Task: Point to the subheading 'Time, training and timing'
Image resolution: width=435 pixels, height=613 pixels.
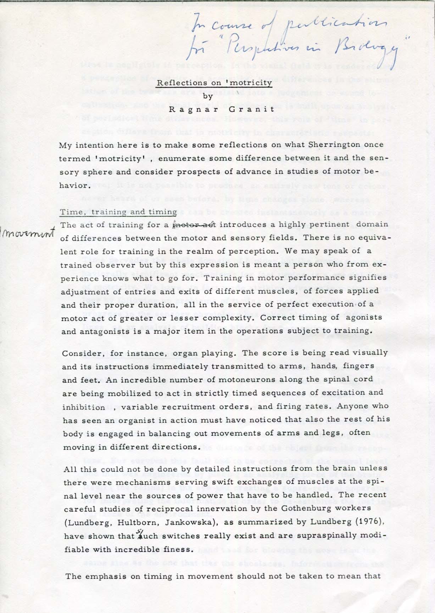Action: (118, 212)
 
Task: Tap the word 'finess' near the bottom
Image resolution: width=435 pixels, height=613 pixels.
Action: (183, 549)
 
